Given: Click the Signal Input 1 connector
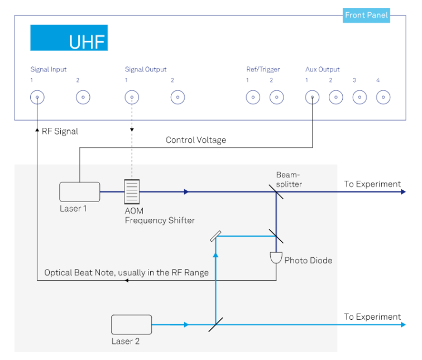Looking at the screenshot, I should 37,97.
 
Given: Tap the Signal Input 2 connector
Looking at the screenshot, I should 83,97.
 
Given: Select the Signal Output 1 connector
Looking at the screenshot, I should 132,97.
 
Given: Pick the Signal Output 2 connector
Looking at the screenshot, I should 178,97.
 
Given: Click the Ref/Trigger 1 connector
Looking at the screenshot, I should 253,97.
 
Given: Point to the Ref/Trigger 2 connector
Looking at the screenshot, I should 277,97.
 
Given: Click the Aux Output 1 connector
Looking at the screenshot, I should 312,97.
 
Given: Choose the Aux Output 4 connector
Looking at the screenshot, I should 383,97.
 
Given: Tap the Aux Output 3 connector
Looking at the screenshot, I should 359,97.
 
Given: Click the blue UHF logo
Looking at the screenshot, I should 69,38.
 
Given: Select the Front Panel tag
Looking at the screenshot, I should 366,15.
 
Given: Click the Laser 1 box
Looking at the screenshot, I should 80,191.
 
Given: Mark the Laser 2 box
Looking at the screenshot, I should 131,324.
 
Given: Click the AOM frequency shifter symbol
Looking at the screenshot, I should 131,191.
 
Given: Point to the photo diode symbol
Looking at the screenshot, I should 276,258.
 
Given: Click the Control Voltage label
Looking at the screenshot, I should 196,140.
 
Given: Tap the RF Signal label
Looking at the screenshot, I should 60,131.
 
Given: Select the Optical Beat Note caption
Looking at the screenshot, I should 127,272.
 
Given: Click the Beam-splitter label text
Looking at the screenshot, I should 289,179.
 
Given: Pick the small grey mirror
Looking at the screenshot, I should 215,236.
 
